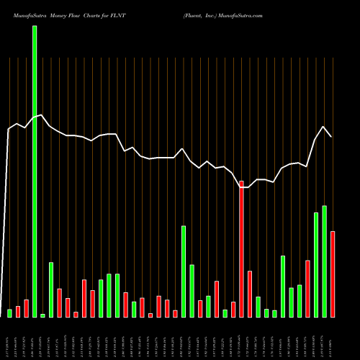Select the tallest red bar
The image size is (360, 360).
242,249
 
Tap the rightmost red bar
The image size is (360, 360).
333,274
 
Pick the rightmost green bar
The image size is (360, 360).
324,261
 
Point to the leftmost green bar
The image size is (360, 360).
9,313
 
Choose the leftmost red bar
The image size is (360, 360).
18,312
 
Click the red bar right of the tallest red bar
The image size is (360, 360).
250,294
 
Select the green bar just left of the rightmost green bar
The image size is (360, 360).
316,265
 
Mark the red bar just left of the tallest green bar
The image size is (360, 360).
26,308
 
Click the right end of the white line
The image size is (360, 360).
332,136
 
